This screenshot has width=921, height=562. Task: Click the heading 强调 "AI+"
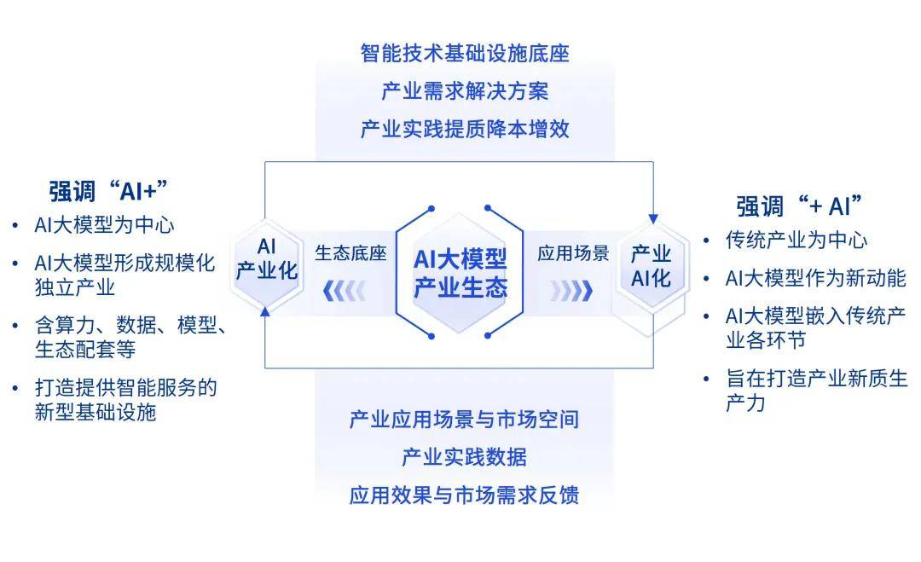click(x=108, y=191)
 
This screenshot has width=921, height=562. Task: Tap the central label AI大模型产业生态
click(x=460, y=273)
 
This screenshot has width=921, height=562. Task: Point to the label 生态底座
click(x=350, y=253)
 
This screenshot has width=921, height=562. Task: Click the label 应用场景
click(x=573, y=253)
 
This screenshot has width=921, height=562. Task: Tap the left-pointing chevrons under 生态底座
click(x=345, y=291)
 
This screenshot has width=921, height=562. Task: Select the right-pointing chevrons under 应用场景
click(x=571, y=291)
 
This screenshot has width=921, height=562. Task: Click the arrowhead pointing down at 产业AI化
click(x=653, y=219)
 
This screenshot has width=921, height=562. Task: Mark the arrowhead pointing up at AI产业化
click(x=265, y=311)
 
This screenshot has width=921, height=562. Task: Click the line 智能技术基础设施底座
click(x=465, y=54)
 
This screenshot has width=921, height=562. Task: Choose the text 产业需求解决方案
click(x=465, y=91)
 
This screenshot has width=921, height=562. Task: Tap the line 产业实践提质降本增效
click(x=465, y=129)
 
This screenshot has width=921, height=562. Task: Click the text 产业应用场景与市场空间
click(x=464, y=420)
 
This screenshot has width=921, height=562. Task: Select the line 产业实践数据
click(x=464, y=457)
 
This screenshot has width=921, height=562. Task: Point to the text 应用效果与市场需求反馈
click(x=464, y=495)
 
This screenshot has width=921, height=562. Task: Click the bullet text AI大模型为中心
click(x=104, y=225)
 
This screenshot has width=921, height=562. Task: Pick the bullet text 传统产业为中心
click(x=796, y=240)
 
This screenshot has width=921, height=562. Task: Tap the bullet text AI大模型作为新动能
click(x=816, y=278)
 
